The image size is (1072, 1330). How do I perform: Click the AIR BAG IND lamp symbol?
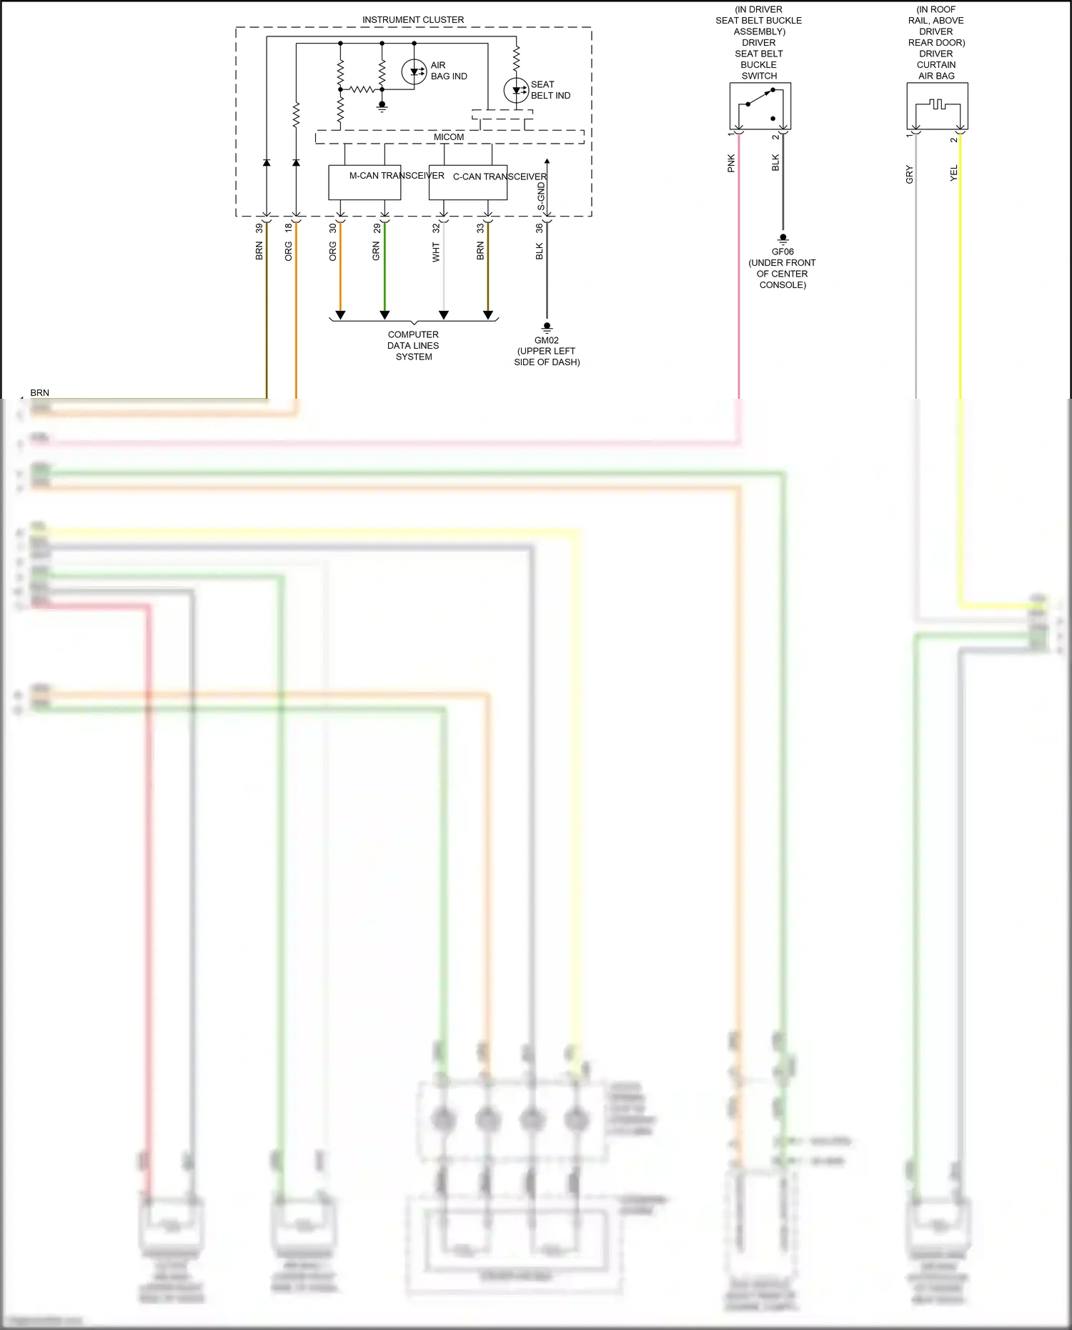click(414, 71)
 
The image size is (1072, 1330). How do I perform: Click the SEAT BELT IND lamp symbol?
click(516, 91)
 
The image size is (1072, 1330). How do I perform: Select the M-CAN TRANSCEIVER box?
click(364, 182)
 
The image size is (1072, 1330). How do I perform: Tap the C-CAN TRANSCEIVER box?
click(468, 183)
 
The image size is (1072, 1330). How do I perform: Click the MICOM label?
click(449, 137)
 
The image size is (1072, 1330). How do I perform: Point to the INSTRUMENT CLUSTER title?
click(413, 19)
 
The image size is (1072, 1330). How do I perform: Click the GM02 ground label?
click(547, 340)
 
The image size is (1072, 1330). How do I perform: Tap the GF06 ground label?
click(783, 252)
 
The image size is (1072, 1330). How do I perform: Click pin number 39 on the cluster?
click(259, 228)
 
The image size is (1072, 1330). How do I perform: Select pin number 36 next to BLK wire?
click(540, 228)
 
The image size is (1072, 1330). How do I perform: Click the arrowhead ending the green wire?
click(384, 314)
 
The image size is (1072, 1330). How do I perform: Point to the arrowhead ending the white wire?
click(444, 314)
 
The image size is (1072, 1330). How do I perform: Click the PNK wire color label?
click(731, 163)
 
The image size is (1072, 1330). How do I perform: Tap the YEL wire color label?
click(953, 173)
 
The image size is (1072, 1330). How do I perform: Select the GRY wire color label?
click(909, 174)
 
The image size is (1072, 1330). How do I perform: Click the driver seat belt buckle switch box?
click(760, 106)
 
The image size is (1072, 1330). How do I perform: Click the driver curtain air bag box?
click(937, 106)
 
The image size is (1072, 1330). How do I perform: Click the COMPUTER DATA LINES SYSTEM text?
click(413, 345)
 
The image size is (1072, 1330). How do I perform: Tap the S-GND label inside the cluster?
click(541, 197)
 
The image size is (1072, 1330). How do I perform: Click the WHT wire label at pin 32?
click(436, 252)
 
